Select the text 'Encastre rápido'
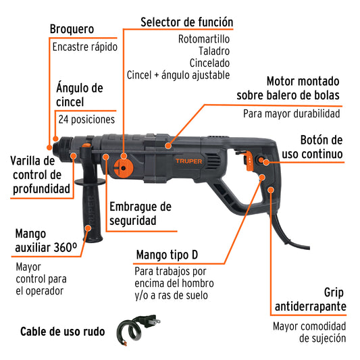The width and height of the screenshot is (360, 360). point(84,47)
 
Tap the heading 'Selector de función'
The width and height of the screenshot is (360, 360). point(186,22)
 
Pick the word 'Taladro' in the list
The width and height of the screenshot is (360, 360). point(215,51)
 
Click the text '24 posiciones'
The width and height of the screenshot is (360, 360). point(86,119)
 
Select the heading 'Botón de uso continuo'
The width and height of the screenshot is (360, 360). point(321,147)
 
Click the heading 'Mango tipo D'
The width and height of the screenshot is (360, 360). point(171,255)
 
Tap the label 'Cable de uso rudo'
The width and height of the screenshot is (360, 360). point(62,332)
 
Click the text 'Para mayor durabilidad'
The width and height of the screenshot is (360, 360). point(291,113)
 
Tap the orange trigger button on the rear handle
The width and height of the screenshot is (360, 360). point(250,160)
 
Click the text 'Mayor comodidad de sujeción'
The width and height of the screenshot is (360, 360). point(309,332)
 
